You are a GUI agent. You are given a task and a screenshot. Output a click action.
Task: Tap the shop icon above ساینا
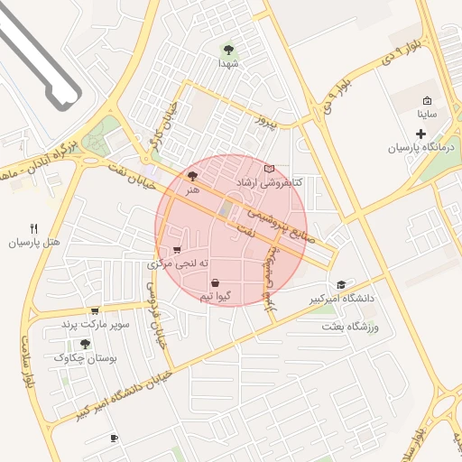click(427, 100)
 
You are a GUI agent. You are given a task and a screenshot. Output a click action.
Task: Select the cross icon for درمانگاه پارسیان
click(420, 134)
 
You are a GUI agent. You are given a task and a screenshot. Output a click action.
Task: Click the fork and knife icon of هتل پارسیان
click(34, 228)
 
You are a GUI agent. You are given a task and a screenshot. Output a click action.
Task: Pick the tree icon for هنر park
click(191, 177)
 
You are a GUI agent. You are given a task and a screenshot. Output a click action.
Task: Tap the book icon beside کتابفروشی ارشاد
click(268, 169)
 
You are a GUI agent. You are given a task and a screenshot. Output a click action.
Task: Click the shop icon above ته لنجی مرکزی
click(177, 249)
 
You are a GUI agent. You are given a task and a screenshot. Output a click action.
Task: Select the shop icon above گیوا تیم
click(215, 282)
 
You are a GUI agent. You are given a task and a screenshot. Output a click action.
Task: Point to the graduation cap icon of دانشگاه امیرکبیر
click(340, 284)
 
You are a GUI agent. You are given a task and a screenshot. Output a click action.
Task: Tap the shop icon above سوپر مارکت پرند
click(95, 310)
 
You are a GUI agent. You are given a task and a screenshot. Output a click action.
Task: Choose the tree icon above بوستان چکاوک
click(85, 344)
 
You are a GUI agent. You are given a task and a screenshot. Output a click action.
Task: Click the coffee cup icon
click(114, 438)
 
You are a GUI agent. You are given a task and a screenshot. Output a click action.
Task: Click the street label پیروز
click(263, 119)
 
